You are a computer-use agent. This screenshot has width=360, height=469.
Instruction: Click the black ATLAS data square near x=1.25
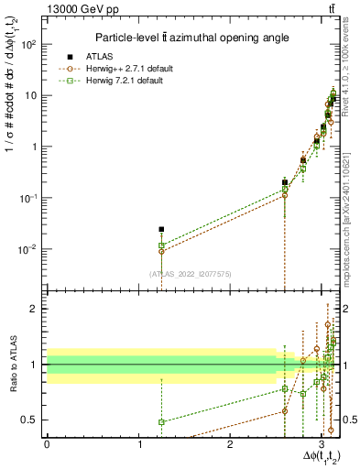[161, 229]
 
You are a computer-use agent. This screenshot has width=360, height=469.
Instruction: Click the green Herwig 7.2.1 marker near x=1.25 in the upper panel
[161, 245]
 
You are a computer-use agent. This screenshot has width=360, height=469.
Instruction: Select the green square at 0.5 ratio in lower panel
[161, 422]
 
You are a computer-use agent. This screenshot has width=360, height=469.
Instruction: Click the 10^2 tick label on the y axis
[29, 44]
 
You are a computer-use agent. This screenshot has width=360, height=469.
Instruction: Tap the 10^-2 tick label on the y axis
[29, 249]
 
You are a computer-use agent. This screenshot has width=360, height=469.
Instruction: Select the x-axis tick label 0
[47, 445]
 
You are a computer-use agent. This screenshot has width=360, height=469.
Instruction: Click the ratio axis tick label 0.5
[31, 420]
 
